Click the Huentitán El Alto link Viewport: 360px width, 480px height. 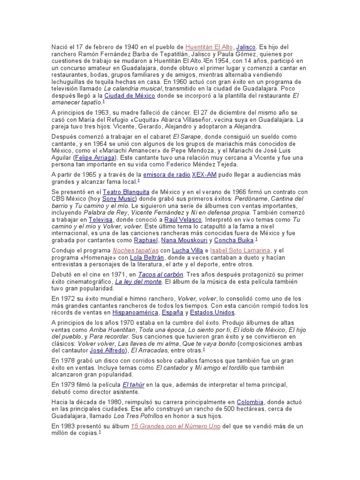[x=209, y=47]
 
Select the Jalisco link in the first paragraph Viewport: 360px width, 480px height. [x=246, y=47]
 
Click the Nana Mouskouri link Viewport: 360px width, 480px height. [x=184, y=240]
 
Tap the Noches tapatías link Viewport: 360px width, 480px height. [x=133, y=250]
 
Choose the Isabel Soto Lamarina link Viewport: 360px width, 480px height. [x=241, y=250]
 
